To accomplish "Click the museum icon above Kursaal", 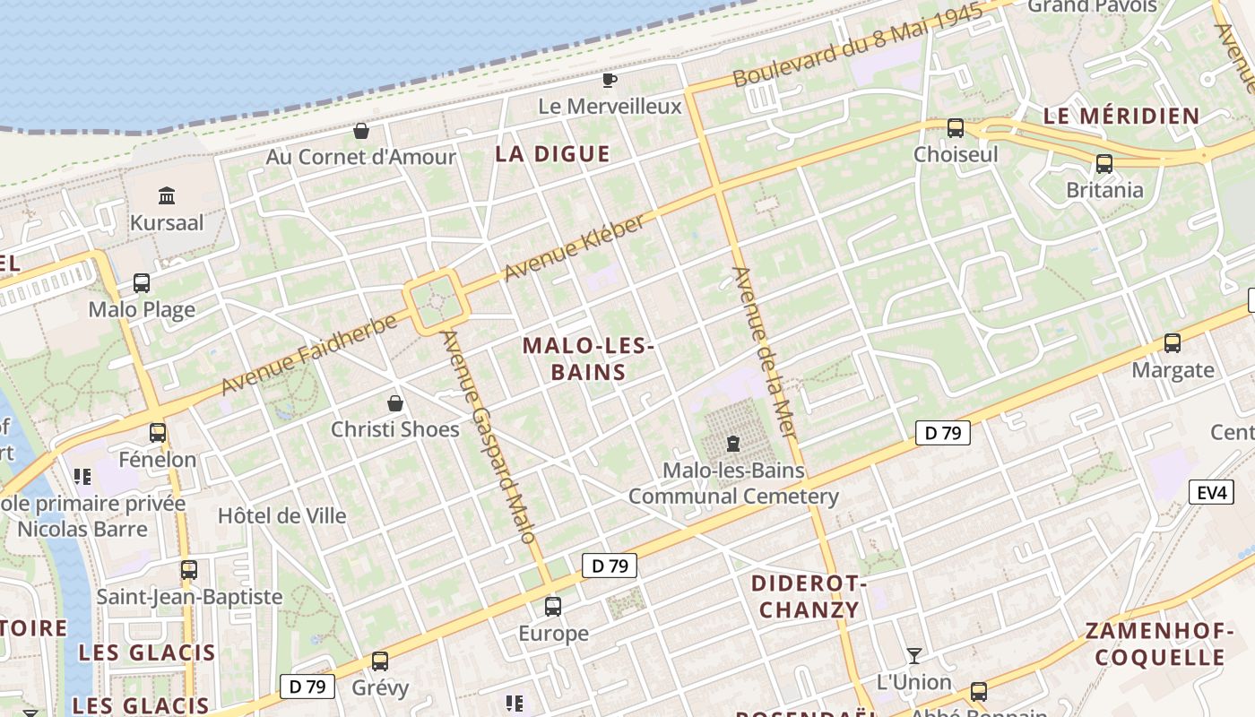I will pos(167,195).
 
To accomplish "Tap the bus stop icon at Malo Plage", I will pos(142,283).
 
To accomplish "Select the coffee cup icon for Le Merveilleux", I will pos(610,81).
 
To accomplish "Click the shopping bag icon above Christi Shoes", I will pos(394,403).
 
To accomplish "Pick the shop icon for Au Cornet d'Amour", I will pos(361,132).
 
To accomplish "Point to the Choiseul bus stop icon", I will pos(956,128).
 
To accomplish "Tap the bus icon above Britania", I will pos(1104,164).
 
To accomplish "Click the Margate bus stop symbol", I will pos(1173,342).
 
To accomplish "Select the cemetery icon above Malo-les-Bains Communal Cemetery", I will pos(733,443).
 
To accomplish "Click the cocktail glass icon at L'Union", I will pos(913,656).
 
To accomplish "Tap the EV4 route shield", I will pos(1211,492).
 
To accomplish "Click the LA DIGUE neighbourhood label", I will pos(552,154).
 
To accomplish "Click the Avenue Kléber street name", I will pos(574,247).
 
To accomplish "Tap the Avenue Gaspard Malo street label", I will pos(489,436).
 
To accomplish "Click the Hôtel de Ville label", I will pos(281,515).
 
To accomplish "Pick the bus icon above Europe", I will pos(553,607).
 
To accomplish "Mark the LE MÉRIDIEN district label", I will pos(1121,116).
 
